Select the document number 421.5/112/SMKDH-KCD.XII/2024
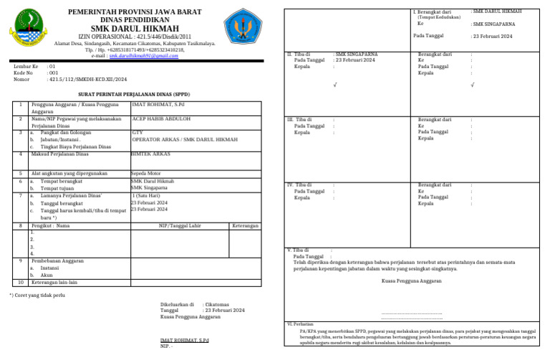click(87, 79)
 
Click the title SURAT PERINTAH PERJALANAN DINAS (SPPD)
click(135, 94)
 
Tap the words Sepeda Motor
click(148, 173)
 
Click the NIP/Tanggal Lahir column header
click(179, 225)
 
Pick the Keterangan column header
click(245, 225)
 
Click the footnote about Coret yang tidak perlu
click(37, 294)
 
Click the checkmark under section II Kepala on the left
click(335, 85)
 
